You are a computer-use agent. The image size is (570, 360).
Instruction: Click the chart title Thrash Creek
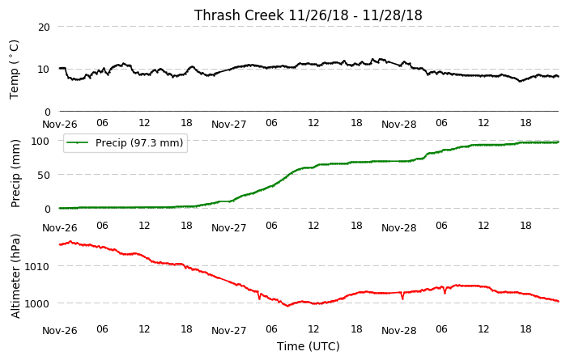[x=239, y=15]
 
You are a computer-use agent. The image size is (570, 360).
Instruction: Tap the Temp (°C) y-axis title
[x=14, y=70]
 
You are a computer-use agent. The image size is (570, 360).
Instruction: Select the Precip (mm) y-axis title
[x=15, y=174]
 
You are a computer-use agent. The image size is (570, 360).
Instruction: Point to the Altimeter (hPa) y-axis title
[x=15, y=276]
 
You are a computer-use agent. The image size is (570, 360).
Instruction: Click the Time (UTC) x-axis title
[x=308, y=346]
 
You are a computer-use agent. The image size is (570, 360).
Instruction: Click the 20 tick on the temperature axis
[x=44, y=28]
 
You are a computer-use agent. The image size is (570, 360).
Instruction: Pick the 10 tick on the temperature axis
[x=44, y=70]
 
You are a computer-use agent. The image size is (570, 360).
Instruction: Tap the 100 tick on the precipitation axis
[x=40, y=141]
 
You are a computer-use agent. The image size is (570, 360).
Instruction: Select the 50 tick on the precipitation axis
[x=44, y=175]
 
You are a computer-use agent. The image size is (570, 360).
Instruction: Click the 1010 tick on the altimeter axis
[x=36, y=267]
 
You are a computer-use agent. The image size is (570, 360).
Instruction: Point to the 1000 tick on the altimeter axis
[x=36, y=303]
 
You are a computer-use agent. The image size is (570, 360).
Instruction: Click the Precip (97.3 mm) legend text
[x=139, y=142]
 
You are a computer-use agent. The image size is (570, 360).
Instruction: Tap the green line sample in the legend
[x=77, y=142]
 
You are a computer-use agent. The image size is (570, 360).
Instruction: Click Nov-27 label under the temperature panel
[x=229, y=125]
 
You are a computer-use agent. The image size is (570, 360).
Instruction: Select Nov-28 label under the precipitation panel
[x=399, y=228]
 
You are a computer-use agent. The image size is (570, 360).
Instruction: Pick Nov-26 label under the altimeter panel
[x=60, y=331]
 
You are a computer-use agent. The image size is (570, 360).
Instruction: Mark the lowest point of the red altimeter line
[x=288, y=306]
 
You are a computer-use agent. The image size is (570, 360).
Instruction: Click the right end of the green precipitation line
[x=559, y=142]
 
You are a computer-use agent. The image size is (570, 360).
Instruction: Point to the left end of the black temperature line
[x=60, y=68]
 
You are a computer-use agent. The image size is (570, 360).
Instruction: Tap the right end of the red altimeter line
[x=559, y=301]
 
